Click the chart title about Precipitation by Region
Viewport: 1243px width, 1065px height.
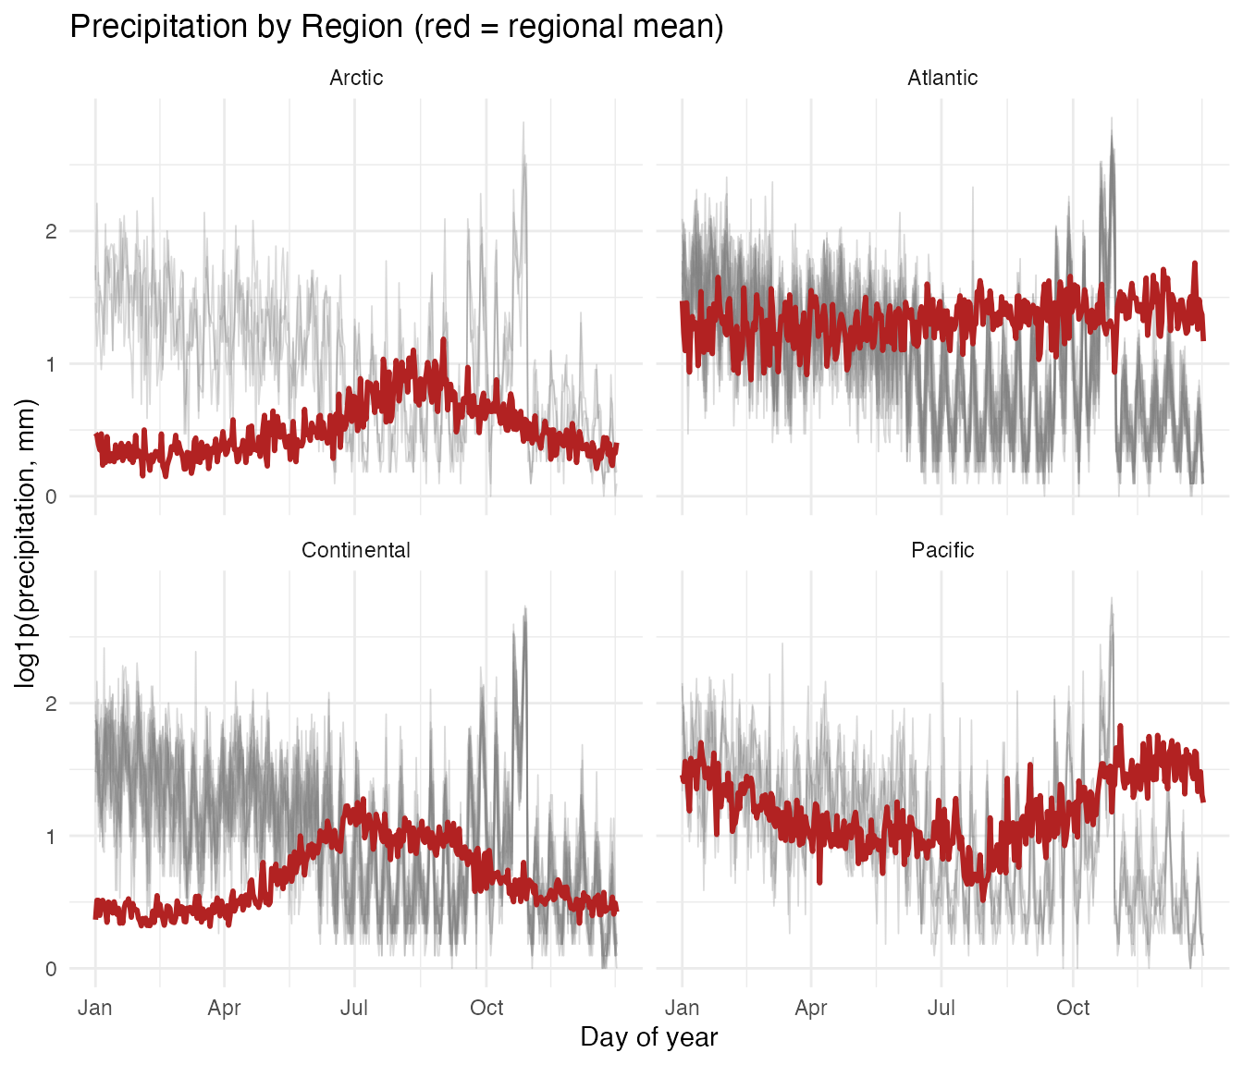[x=396, y=27]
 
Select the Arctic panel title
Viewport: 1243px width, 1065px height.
[x=356, y=78]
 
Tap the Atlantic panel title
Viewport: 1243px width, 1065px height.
[x=942, y=78]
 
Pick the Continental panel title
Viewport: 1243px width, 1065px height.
[x=356, y=550]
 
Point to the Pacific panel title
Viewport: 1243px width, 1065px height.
[x=942, y=550]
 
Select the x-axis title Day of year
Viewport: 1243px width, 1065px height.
[x=649, y=1037]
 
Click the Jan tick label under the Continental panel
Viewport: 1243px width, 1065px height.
[x=95, y=1007]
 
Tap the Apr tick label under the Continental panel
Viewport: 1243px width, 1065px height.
[x=224, y=1007]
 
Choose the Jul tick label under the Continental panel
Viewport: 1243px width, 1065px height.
[x=354, y=1007]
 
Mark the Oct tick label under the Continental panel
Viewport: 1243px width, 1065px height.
[x=486, y=1007]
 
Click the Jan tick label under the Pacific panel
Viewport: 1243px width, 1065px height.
[x=682, y=1007]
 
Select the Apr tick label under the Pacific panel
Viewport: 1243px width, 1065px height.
[x=811, y=1007]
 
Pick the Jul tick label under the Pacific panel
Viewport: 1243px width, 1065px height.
[x=941, y=1007]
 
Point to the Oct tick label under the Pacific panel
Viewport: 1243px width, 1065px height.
[x=1073, y=1007]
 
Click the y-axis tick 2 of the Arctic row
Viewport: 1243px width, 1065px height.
[x=52, y=231]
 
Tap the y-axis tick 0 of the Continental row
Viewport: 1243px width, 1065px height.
[x=52, y=969]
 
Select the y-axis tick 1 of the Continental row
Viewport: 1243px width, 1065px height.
[x=52, y=837]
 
